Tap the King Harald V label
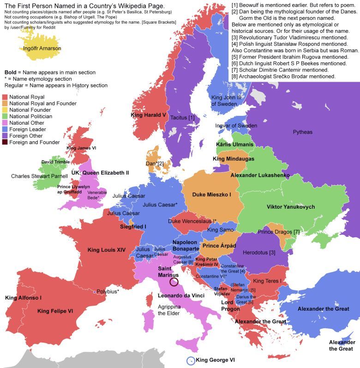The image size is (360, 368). [149, 115]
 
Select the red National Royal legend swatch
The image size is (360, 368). [5, 97]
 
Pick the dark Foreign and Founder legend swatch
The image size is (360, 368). [5, 142]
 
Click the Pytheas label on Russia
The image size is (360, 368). [302, 133]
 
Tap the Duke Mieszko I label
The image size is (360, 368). [212, 195]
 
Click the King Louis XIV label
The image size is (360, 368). [107, 250]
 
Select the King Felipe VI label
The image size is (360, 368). [55, 311]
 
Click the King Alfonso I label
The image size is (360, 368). [23, 298]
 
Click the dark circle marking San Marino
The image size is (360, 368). [174, 282]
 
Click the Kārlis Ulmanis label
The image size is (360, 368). [234, 145]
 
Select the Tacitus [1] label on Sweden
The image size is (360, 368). [182, 118]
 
